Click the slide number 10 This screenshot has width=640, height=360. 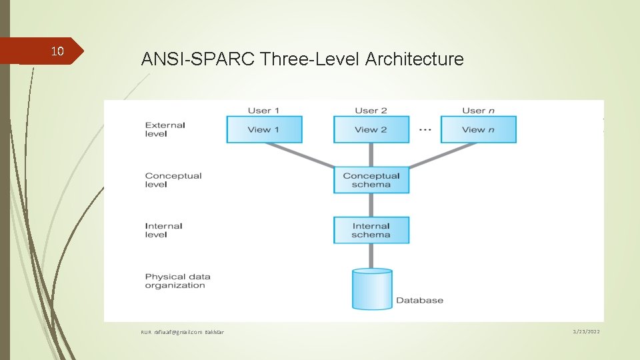57,51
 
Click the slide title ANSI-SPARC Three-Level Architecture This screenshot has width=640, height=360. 302,59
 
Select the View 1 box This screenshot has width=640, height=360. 264,129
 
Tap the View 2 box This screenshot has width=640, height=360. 371,129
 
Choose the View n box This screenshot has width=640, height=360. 478,129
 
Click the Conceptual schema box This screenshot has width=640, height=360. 371,180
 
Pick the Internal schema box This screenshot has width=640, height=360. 371,230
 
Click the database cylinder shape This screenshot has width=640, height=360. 372,289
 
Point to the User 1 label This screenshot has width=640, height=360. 263,111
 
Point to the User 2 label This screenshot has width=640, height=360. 371,111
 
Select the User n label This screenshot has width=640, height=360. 477,111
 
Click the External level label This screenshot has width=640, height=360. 165,129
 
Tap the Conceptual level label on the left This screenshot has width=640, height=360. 173,180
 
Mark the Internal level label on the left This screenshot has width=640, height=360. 163,230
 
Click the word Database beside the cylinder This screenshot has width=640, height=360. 419,300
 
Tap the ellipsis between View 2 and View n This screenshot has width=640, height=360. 425,130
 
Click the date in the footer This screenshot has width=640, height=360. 585,331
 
